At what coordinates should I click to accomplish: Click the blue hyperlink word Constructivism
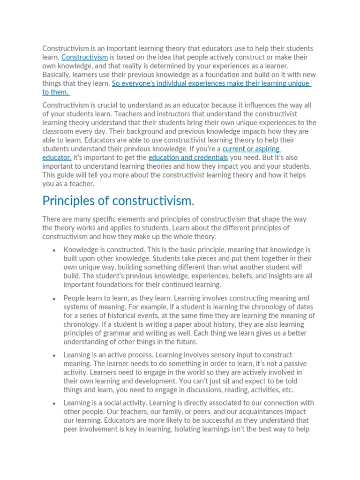(x=84, y=57)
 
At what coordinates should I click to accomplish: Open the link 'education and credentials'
(x=188, y=157)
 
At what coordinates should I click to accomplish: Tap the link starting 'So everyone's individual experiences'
(x=210, y=83)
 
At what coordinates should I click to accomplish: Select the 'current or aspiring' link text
(x=251, y=149)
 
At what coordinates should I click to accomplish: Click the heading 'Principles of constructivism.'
(x=118, y=201)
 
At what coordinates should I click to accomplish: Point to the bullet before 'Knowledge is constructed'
(x=55, y=250)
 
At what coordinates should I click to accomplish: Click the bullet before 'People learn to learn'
(x=55, y=299)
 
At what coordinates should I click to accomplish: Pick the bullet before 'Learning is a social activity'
(x=55, y=404)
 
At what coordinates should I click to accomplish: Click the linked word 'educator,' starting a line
(x=57, y=157)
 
